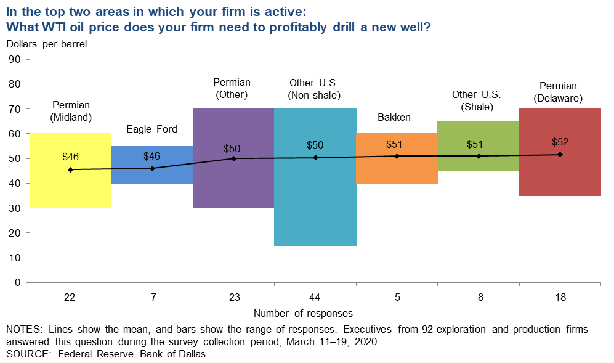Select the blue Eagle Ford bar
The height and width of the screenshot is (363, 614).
152,176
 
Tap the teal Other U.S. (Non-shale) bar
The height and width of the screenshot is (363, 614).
315,197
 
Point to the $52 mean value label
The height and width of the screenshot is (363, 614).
560,142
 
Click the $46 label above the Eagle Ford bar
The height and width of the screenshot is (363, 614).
152,157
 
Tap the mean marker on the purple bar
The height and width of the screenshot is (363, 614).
233,158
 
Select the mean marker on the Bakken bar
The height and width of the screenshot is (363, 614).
397,156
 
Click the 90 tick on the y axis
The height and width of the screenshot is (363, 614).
15,59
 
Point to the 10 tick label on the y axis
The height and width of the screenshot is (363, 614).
15,258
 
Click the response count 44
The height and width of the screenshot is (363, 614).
315,297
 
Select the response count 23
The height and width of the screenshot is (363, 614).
233,297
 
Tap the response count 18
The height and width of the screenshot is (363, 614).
560,297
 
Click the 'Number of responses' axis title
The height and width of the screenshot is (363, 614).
303,313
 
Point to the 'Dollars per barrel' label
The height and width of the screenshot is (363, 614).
47,44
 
